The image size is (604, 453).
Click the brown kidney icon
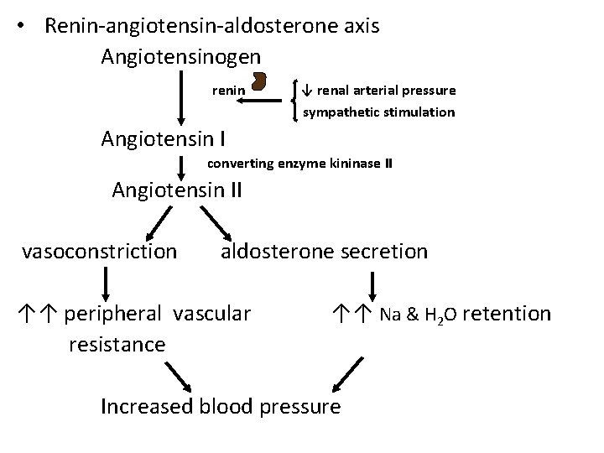259,84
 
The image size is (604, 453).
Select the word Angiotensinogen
180,57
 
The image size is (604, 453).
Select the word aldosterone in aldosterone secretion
276,250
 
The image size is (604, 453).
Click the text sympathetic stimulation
379,112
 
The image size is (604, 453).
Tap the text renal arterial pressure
386,90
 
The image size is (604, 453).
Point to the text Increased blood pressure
220,407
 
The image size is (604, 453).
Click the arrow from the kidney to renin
260,100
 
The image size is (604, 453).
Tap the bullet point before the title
29,26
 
